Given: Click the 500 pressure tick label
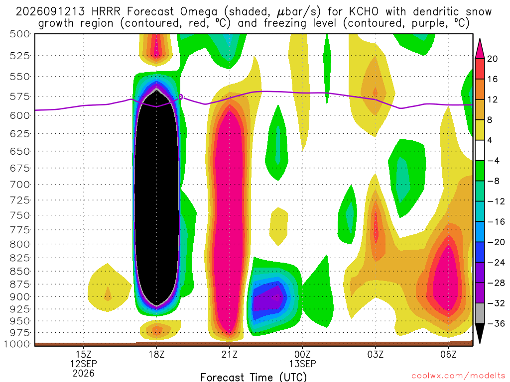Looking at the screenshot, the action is [19, 34].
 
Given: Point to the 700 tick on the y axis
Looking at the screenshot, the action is [19, 184].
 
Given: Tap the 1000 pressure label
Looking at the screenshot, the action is [17, 344].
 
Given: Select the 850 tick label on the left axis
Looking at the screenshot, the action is [19, 271].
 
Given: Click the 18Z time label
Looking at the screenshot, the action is [156, 354].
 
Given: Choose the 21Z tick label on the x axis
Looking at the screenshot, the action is [229, 354].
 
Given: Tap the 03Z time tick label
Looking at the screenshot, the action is [376, 354].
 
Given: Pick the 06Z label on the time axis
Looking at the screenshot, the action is [449, 354].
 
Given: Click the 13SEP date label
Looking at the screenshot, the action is [302, 364].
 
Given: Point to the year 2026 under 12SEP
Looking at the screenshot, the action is [84, 374].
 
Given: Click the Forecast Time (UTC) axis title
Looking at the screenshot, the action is [254, 377].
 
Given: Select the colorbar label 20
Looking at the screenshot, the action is [492, 59].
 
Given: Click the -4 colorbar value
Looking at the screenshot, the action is [494, 161].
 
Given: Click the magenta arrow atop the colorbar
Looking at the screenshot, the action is [480, 49].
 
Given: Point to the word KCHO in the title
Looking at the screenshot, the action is [364, 12].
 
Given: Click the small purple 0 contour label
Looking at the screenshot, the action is [181, 96].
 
